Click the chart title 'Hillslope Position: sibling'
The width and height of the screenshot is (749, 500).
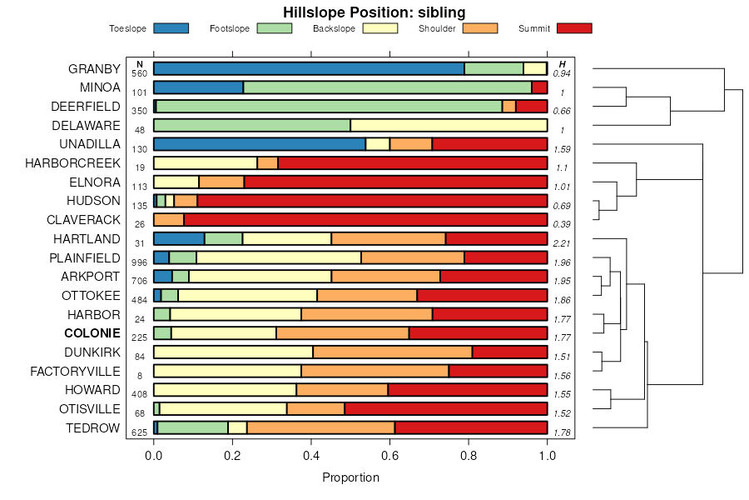pos(374,12)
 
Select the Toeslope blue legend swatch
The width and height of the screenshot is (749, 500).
pos(171,28)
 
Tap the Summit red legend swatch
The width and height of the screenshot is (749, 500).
pos(574,28)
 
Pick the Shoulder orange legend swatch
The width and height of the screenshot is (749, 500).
pos(479,28)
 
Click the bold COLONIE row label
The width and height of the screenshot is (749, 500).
pos(92,333)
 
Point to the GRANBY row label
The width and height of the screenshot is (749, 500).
pos(94,68)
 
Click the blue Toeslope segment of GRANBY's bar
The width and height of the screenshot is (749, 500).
pos(309,68)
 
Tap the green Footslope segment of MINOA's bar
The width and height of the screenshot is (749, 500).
pos(387,87)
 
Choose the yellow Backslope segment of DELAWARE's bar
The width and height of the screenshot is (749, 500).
pos(449,125)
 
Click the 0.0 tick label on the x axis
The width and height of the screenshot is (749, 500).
pos(153,455)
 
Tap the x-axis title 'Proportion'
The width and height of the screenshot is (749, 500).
pos(350,477)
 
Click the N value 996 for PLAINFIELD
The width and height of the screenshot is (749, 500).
pos(139,262)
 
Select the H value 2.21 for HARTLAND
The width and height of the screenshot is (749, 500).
pos(562,243)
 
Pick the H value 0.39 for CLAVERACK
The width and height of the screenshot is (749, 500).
pos(562,225)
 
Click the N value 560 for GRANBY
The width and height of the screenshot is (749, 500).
pos(139,73)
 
